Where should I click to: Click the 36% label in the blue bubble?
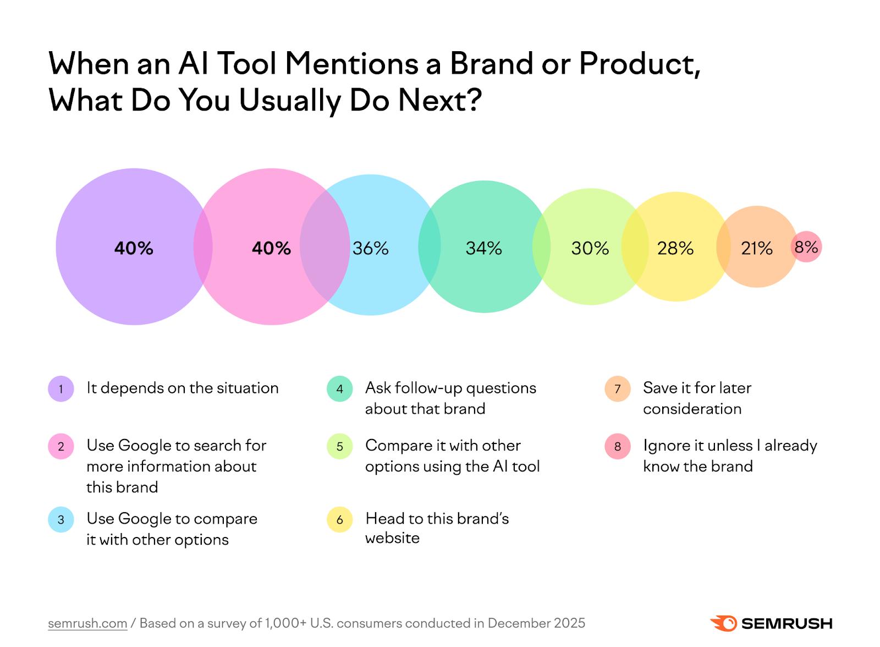pyautogui.click(x=370, y=248)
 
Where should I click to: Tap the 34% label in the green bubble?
pyautogui.click(x=483, y=248)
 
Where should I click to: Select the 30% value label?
pyautogui.click(x=590, y=248)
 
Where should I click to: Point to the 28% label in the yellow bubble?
pyautogui.click(x=675, y=248)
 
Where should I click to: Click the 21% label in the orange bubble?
pyautogui.click(x=756, y=248)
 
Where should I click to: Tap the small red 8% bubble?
pyautogui.click(x=806, y=247)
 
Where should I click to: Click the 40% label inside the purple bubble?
pyautogui.click(x=134, y=248)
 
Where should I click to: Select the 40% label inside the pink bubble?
pyautogui.click(x=271, y=248)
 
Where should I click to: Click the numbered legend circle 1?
pyautogui.click(x=61, y=389)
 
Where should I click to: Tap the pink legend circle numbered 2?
pyautogui.click(x=61, y=446)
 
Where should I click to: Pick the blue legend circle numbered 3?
pyautogui.click(x=61, y=519)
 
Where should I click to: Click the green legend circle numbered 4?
pyautogui.click(x=340, y=389)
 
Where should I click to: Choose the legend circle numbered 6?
pyautogui.click(x=340, y=519)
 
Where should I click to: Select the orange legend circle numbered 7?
pyautogui.click(x=618, y=389)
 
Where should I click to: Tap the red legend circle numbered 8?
pyautogui.click(x=618, y=446)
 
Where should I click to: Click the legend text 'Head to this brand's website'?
pyautogui.click(x=437, y=528)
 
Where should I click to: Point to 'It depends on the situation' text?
pyautogui.click(x=183, y=388)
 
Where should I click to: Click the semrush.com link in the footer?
pyautogui.click(x=87, y=623)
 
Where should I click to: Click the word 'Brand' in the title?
pyautogui.click(x=491, y=64)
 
